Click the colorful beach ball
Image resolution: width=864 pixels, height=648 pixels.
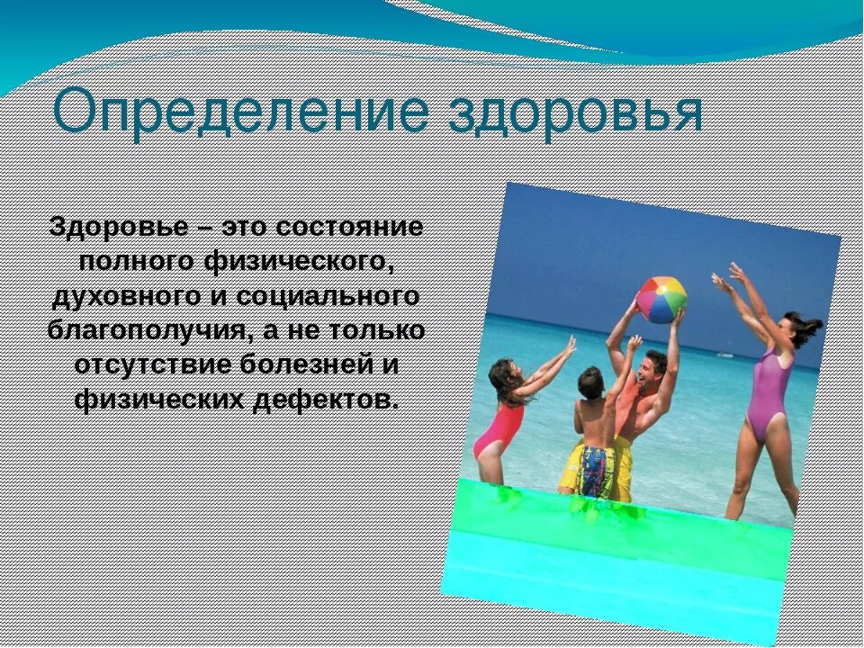tap(661, 300)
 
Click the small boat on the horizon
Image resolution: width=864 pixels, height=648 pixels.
tap(725, 355)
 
